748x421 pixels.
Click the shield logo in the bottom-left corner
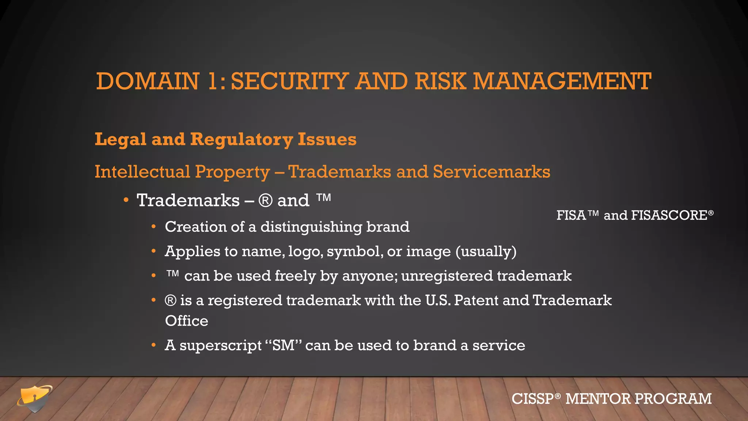pos(35,399)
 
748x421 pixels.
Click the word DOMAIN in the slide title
pos(148,81)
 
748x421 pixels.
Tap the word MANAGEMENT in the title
pos(562,81)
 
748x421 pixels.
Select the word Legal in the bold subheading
pos(121,140)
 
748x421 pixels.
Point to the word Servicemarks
pos(491,172)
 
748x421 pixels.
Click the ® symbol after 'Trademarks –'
pos(266,201)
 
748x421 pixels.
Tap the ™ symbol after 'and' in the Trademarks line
pos(324,198)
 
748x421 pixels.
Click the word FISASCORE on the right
pos(669,215)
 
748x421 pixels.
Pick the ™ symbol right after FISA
pos(594,213)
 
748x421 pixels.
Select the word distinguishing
pos(311,227)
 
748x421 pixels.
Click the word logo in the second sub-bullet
pos(305,252)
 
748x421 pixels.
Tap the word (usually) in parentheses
pos(486,251)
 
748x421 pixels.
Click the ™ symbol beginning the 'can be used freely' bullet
pos(173,273)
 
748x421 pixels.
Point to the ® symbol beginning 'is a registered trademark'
pos(171,300)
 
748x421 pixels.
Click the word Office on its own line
pos(187,321)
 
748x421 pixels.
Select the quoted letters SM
pos(283,345)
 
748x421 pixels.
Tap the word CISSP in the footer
pos(533,399)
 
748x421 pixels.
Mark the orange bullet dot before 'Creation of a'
pos(154,227)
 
